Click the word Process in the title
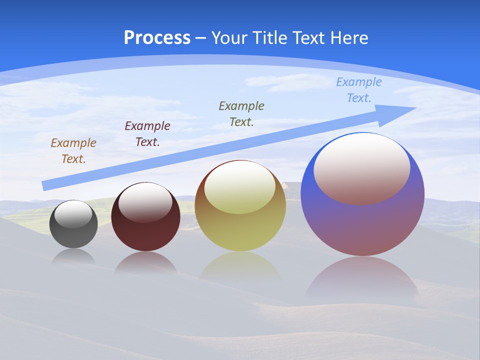click(157, 38)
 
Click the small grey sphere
click(73, 235)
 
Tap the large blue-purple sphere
click(362, 225)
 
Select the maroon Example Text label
click(147, 134)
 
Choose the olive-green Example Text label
click(241, 114)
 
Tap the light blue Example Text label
click(359, 90)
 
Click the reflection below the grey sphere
click(73, 257)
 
